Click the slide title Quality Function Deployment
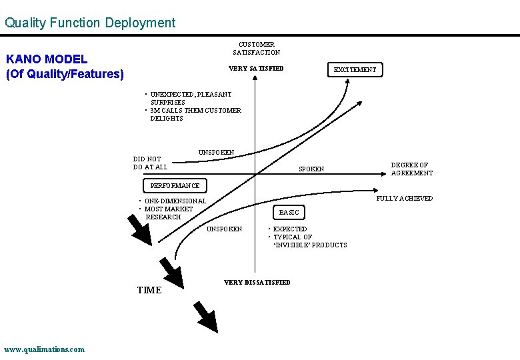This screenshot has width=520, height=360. pyautogui.click(x=90, y=23)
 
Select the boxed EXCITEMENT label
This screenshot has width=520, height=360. pyautogui.click(x=355, y=69)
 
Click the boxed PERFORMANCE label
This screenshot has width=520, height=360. pyautogui.click(x=175, y=185)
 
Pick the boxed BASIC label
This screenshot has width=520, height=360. pyautogui.click(x=289, y=212)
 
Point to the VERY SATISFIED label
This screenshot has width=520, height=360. pyautogui.click(x=256, y=69)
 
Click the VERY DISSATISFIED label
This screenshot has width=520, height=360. pyautogui.click(x=257, y=283)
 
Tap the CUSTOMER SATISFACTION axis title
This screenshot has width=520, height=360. pyautogui.click(x=257, y=48)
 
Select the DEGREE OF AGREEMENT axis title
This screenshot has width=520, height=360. pyautogui.click(x=411, y=169)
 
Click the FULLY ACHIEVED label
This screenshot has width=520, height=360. pyautogui.click(x=404, y=199)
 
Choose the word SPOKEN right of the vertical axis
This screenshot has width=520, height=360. pyautogui.click(x=311, y=169)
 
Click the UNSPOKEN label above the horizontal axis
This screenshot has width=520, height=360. pyautogui.click(x=216, y=153)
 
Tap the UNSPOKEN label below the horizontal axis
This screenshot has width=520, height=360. pyautogui.click(x=225, y=229)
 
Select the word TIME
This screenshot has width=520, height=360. pyautogui.click(x=149, y=290)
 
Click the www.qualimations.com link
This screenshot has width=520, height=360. pyautogui.click(x=45, y=349)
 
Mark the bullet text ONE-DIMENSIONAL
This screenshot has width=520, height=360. pyautogui.click(x=175, y=201)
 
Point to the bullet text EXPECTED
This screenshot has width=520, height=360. pyautogui.click(x=290, y=229)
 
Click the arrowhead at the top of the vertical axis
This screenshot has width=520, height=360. pyautogui.click(x=257, y=77)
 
